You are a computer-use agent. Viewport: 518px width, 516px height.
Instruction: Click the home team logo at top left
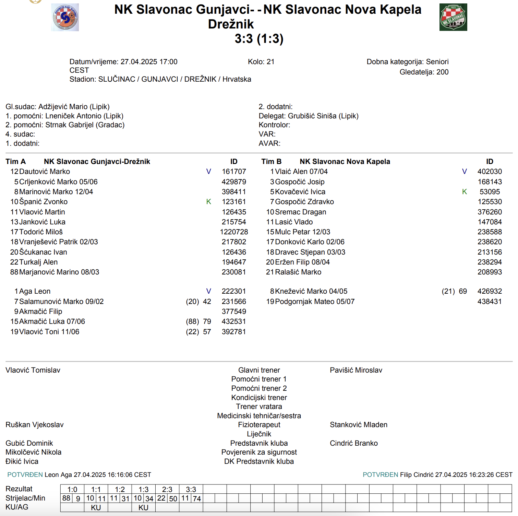point(65,17)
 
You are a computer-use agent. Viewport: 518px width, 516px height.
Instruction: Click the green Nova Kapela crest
point(453,17)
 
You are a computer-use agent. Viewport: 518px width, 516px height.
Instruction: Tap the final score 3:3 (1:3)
point(259,39)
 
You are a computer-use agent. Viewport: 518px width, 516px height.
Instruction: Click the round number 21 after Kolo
point(270,62)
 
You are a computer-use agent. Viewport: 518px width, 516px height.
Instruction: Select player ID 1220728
point(234,232)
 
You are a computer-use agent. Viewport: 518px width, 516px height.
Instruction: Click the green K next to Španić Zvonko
point(208,202)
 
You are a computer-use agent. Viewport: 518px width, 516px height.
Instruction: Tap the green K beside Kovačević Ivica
point(465,192)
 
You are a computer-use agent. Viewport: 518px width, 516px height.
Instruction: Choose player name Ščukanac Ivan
point(43,252)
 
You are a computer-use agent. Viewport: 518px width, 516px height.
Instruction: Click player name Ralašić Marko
point(298,272)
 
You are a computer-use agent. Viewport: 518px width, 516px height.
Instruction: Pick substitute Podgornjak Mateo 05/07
point(315,302)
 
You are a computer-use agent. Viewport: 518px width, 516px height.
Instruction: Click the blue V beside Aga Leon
point(208,291)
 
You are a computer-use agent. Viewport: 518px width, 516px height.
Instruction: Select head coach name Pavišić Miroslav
point(356,370)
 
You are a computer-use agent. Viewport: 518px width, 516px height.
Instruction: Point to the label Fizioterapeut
point(259,425)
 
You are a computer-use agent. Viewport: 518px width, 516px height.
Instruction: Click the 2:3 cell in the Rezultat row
point(167,489)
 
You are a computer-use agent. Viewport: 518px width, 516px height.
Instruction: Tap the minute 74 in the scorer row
point(197,499)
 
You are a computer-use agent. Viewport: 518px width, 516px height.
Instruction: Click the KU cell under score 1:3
point(143,507)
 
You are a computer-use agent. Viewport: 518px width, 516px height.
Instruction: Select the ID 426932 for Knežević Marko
point(490,291)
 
